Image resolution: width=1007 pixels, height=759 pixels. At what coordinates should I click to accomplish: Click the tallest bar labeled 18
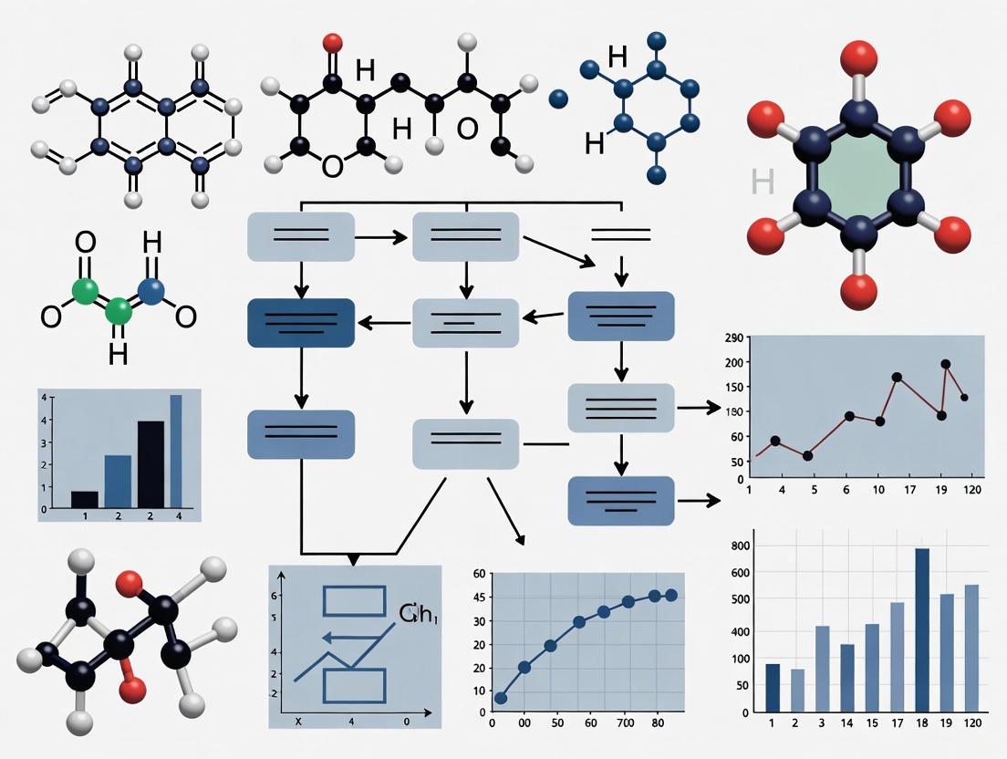pos(922,629)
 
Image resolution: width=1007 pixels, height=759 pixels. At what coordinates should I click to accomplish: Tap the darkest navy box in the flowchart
pos(301,322)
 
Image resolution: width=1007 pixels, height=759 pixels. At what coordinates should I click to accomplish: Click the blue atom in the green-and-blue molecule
pos(151,291)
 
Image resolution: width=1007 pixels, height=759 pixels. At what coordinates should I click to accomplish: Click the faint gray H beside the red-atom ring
pos(763,182)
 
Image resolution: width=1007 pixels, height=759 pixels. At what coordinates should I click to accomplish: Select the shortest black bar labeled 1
pos(85,499)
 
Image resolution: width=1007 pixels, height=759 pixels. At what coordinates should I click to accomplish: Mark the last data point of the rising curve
pos(672,595)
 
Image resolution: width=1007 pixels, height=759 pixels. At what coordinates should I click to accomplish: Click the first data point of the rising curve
pos(500,699)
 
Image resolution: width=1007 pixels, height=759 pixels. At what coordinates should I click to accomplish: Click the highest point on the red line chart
pos(945,364)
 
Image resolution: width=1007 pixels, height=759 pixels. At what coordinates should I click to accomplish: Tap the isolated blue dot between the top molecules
pos(559,98)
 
